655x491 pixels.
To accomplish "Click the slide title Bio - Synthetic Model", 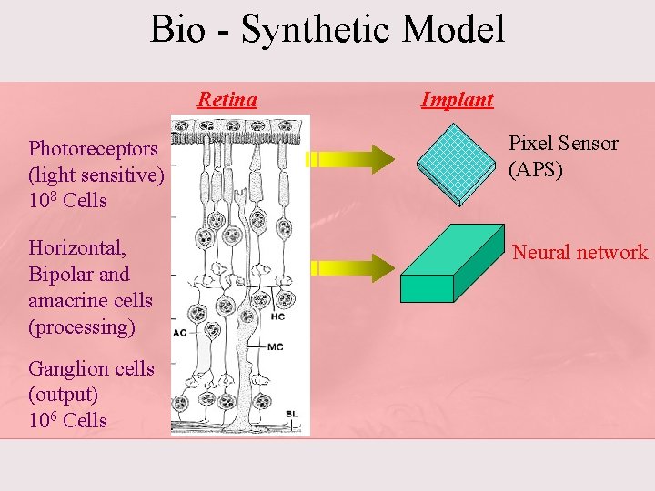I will pyautogui.click(x=327, y=29).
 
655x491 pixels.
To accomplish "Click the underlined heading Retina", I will pyautogui.click(x=227, y=99).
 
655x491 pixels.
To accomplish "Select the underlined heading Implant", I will pyautogui.click(x=457, y=99).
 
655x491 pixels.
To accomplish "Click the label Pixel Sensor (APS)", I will pyautogui.click(x=563, y=155).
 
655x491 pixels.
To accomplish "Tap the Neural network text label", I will pyautogui.click(x=580, y=253).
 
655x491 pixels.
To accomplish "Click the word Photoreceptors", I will pyautogui.click(x=93, y=148).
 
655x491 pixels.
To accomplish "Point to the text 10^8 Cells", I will pyautogui.click(x=67, y=200).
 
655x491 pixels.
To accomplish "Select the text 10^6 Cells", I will pyautogui.click(x=67, y=420).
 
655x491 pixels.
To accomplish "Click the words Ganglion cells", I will pyautogui.click(x=91, y=368).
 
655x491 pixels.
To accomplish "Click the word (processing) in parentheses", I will pyautogui.click(x=81, y=326).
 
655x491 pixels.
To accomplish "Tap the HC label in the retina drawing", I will pyautogui.click(x=279, y=316).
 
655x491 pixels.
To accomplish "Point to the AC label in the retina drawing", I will pyautogui.click(x=179, y=333).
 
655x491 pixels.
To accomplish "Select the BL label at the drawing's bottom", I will pyautogui.click(x=291, y=414).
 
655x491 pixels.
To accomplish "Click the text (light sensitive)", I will pyautogui.click(x=96, y=175).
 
